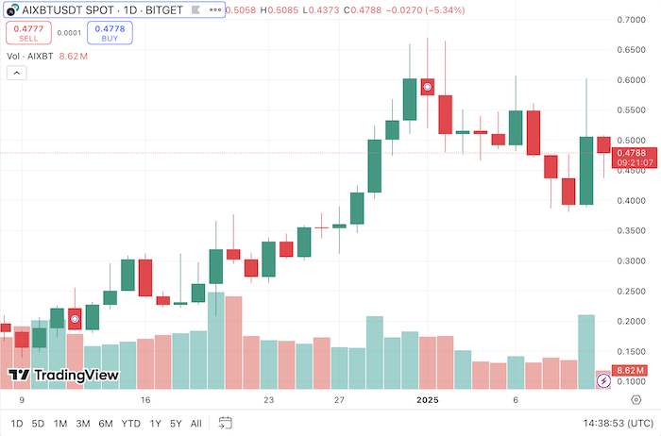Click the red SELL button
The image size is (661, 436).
[x=29, y=34]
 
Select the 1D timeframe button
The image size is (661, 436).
[x=17, y=423]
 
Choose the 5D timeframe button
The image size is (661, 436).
[x=38, y=423]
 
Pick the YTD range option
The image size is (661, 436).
[x=131, y=423]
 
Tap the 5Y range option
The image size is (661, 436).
[x=176, y=423]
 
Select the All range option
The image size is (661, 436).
[x=196, y=423]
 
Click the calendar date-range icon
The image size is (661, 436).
[x=225, y=423]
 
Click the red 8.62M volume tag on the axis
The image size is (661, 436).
[x=629, y=371]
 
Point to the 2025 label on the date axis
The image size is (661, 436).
[x=430, y=400]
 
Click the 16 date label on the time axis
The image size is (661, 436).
[x=145, y=400]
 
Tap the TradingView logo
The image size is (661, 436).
[x=64, y=376]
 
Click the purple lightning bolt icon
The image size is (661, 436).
[x=603, y=380]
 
